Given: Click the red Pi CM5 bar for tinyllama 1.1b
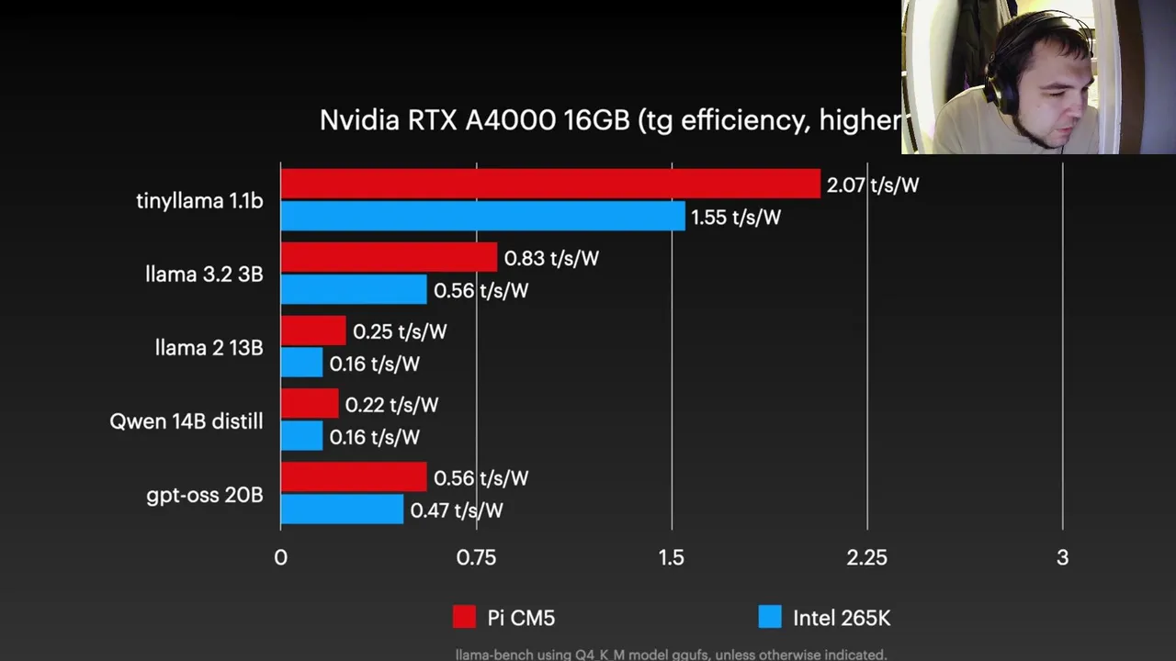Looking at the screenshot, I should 549,184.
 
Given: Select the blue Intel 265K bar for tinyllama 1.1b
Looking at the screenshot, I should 482,217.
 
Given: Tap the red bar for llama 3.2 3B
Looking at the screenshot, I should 389,257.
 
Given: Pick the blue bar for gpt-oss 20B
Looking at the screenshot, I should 342,510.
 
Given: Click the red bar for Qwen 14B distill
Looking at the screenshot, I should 310,404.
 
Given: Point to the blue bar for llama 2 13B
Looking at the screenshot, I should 301,363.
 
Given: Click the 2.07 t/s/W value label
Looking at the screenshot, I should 872,185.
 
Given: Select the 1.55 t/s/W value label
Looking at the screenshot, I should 735,218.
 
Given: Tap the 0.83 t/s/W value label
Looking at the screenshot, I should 551,258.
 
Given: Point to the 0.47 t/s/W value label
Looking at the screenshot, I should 457,510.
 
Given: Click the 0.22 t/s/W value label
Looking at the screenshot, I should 391,405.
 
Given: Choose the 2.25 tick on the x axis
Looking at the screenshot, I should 866,557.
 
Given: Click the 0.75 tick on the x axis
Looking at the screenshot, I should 476,557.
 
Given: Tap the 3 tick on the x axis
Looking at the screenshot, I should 1062,557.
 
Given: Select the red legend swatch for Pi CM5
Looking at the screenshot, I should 464,617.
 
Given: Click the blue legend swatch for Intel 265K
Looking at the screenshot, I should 769,617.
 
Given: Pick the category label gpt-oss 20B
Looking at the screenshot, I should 204,495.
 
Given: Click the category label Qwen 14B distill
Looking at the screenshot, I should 186,421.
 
